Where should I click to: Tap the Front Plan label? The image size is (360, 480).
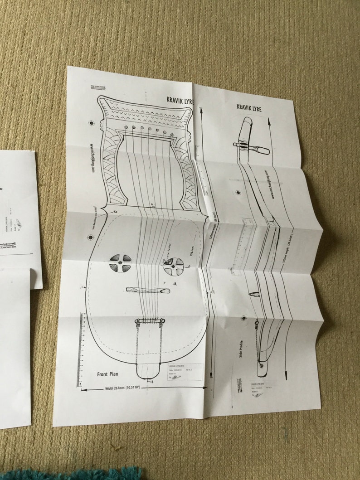point(108,374)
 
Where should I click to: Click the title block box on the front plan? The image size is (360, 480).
point(182,371)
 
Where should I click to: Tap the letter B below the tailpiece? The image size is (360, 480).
point(152,382)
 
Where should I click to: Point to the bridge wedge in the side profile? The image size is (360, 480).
point(252,292)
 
